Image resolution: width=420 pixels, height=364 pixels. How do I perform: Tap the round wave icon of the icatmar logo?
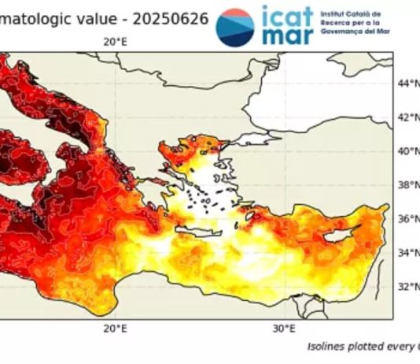coord(235,26)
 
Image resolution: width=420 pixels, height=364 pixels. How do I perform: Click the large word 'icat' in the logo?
coord(288,17)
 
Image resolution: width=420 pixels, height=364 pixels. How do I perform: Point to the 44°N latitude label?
coord(406,84)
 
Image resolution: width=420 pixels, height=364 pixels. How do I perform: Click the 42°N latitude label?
coord(406,117)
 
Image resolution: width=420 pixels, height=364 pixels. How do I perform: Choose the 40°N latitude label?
coord(406,151)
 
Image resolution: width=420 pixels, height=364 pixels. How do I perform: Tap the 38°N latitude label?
coord(406,186)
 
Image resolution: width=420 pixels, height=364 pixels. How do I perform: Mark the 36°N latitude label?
coord(406,220)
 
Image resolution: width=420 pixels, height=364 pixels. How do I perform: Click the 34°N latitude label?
coord(406,254)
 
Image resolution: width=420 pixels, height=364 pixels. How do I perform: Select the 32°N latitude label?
coord(406,287)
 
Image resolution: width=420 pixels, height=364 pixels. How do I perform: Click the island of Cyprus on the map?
coord(343,234)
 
